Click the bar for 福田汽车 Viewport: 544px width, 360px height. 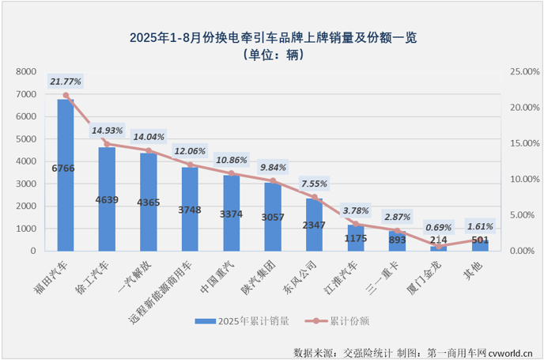point(66,175)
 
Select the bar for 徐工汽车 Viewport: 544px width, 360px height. point(107,199)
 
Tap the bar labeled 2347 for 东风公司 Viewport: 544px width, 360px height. point(314,225)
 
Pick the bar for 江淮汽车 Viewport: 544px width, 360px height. point(356,238)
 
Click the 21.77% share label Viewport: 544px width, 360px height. point(66,81)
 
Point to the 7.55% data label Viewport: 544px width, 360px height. point(314,184)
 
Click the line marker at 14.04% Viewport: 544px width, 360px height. point(149,150)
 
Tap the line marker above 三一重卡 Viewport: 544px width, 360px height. point(397,230)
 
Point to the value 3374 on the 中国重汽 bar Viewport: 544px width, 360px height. point(231,213)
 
